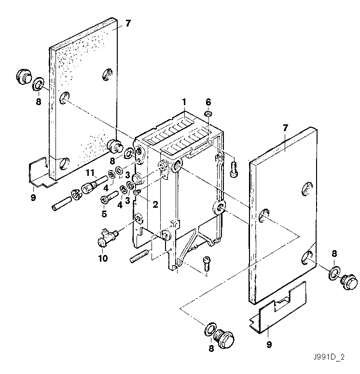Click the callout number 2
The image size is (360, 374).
[x=155, y=204]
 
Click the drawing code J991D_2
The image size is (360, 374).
[x=329, y=358]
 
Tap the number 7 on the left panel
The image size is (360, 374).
[x=127, y=24]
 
